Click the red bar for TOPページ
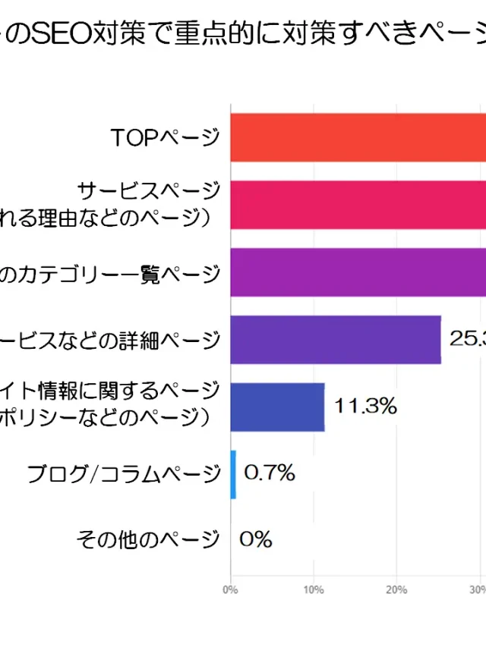pos(358,137)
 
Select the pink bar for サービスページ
pos(358,205)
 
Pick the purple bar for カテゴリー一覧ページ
pos(358,272)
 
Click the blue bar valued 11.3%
pos(278,407)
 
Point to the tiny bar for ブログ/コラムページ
pos(233,474)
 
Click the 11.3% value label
pos(366,407)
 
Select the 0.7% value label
pos(270,473)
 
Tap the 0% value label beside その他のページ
pos(256,540)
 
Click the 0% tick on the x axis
pos(230,589)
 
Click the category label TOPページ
pos(165,137)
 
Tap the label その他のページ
pos(147,540)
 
